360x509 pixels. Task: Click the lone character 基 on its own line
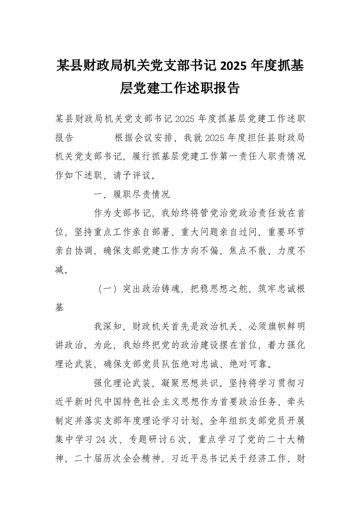60,308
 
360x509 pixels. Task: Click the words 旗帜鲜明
287,327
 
